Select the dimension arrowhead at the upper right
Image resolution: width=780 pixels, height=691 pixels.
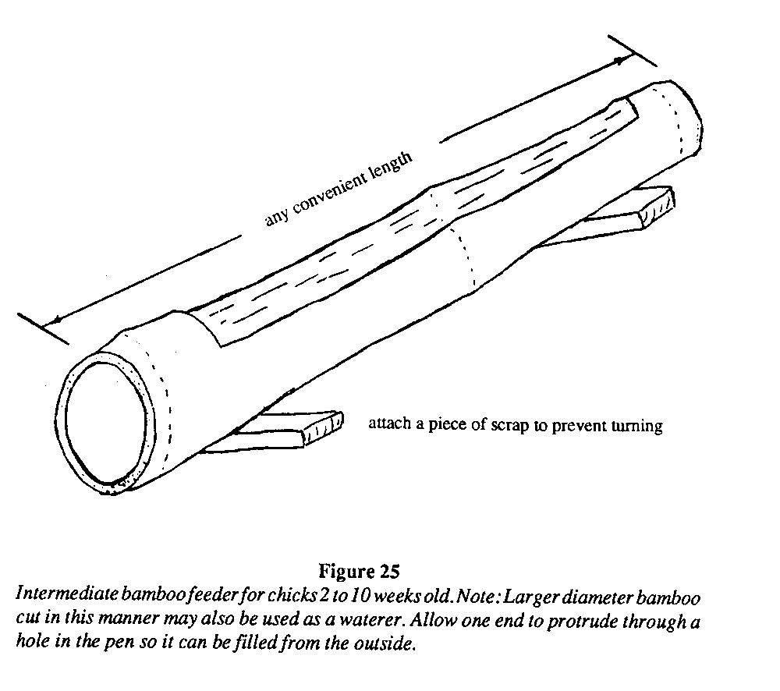621,58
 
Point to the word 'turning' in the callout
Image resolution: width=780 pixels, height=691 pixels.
636,426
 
